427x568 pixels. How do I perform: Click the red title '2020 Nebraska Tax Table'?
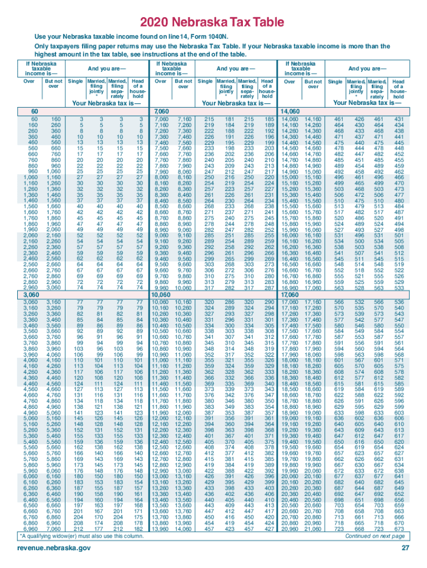tap(213, 23)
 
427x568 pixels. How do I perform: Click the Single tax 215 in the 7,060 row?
tap(209, 119)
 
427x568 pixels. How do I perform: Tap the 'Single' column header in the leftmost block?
tap(75, 82)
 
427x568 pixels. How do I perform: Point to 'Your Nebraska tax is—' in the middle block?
tap(237, 103)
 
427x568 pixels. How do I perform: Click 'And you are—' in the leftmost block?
tap(106, 69)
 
